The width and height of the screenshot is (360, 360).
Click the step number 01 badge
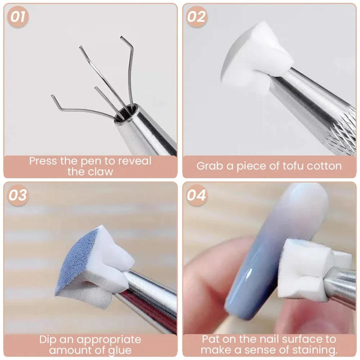[x=18, y=17]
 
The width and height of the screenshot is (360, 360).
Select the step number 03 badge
[x=18, y=195]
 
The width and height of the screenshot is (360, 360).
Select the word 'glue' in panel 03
[x=119, y=351]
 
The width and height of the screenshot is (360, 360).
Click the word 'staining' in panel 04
[x=307, y=350]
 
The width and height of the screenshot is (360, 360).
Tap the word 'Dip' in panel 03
[x=49, y=340]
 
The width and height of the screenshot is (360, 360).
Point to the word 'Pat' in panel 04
[x=211, y=339]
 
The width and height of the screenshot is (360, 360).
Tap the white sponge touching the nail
[x=306, y=270]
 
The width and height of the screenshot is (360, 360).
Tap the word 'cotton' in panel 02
[x=324, y=166]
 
